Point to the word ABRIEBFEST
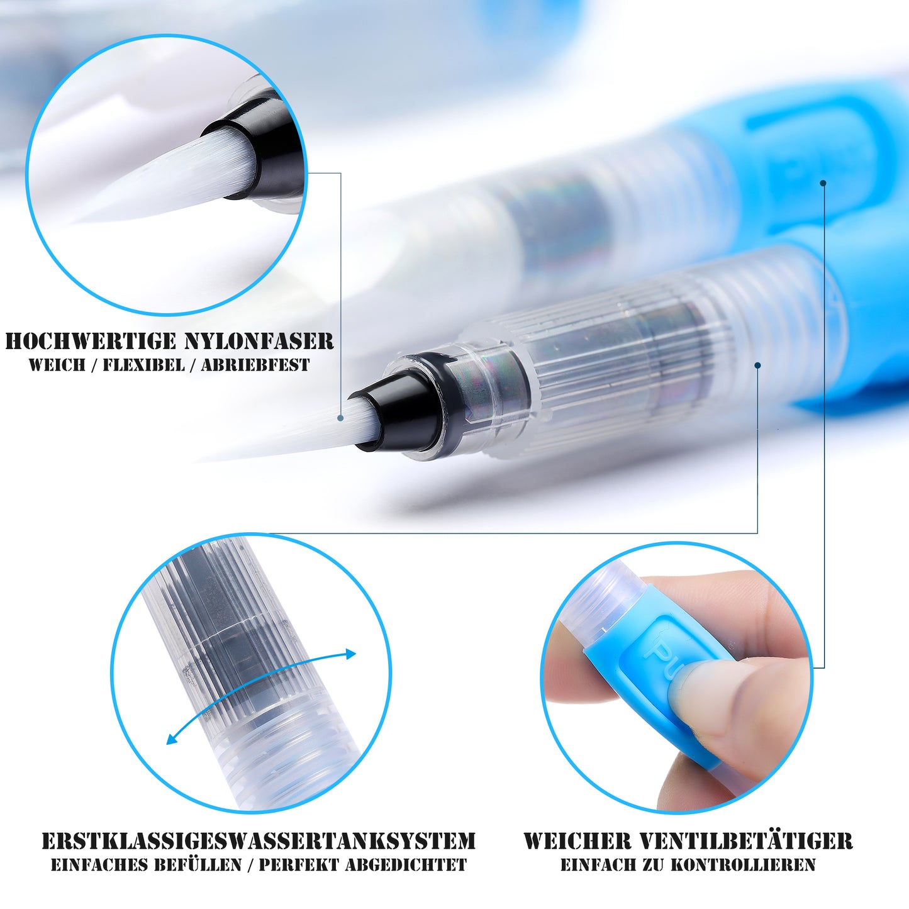click(255, 365)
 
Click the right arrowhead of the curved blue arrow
click(350, 654)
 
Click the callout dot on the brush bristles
click(340, 418)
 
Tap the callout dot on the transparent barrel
click(757, 365)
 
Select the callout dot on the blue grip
click(823, 182)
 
